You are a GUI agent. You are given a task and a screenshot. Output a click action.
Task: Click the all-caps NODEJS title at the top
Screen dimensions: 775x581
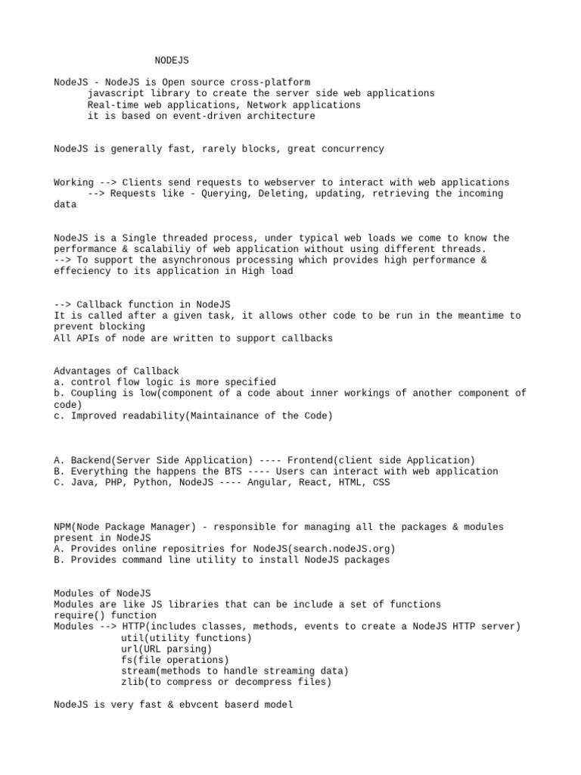click(172, 60)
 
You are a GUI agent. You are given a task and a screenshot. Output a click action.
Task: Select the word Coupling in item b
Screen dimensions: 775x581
click(93, 393)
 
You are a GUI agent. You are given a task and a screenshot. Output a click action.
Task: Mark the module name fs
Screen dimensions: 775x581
click(126, 660)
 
